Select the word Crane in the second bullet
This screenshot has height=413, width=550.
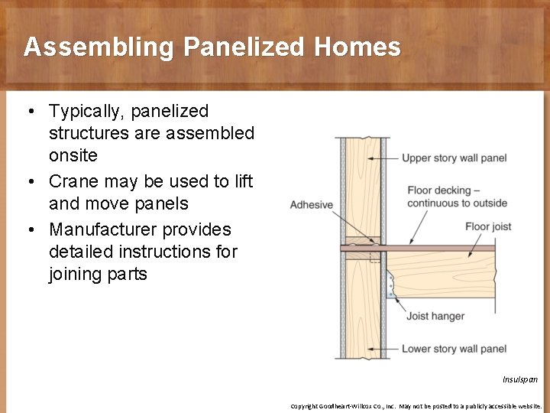tap(74, 182)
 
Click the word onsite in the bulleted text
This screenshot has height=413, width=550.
tap(73, 155)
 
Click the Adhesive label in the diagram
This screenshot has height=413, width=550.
tap(312, 205)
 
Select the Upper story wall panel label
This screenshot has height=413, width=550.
tap(454, 158)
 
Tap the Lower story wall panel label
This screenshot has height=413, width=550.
tap(454, 349)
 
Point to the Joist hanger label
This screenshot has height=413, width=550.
tap(435, 316)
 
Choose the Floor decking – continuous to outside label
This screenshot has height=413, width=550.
tap(457, 197)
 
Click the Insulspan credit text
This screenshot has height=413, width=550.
tap(519, 379)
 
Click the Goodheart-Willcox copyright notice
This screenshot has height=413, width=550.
tap(416, 406)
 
